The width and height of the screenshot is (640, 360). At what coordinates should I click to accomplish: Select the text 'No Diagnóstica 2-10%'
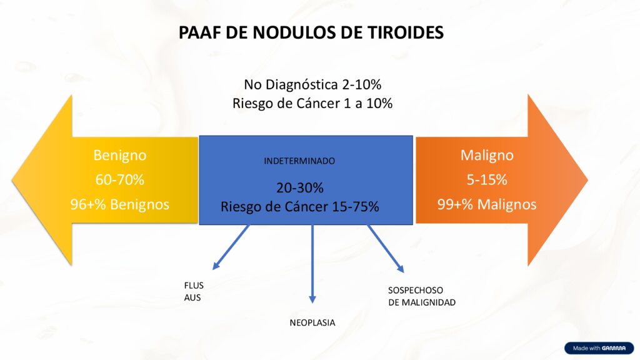(312, 84)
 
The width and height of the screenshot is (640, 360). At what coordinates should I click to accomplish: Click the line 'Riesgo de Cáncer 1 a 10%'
(312, 104)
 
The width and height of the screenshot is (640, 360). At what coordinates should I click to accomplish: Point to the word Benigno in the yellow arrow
(119, 155)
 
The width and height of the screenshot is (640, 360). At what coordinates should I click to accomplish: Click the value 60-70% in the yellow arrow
(119, 180)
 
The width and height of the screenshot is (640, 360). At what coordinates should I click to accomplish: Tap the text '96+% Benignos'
(119, 204)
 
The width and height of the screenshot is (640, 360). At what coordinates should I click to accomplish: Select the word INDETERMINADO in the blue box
(299, 161)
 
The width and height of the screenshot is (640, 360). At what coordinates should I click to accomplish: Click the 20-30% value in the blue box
(299, 187)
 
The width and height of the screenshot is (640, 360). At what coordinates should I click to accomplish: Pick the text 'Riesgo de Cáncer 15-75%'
(299, 207)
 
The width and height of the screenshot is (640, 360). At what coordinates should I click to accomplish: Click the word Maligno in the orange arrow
(487, 155)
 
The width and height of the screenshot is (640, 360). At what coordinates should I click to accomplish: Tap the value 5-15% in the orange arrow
(487, 180)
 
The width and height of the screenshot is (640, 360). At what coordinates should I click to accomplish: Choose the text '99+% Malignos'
(487, 204)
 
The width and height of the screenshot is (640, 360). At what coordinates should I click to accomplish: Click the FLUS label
(193, 286)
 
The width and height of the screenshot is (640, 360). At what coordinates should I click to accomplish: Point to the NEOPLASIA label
(312, 323)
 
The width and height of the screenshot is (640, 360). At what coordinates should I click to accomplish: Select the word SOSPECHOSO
(415, 291)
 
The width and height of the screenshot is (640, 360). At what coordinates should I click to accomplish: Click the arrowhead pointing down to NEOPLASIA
(312, 299)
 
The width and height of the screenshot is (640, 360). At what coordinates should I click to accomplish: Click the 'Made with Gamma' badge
(599, 348)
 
